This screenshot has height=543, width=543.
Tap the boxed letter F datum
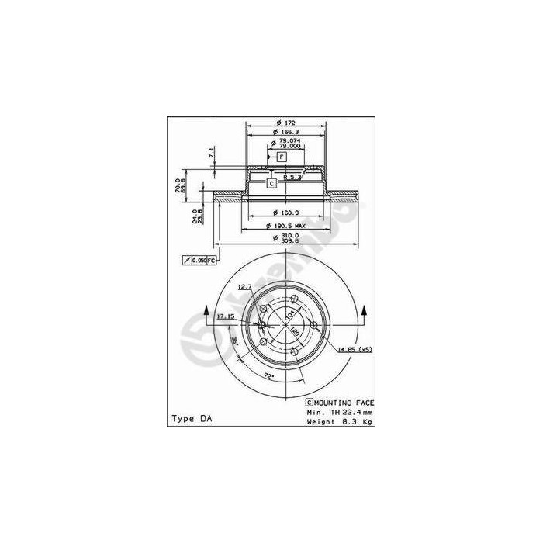(282, 157)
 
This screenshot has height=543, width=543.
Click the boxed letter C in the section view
(271, 184)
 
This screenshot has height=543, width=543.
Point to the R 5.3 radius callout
(292, 178)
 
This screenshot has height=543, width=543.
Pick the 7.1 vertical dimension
(210, 152)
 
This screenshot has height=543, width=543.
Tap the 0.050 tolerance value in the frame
(200, 261)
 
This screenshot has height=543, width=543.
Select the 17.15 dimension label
(226, 316)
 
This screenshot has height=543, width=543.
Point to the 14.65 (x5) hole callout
(355, 351)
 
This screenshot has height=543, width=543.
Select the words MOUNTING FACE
(344, 403)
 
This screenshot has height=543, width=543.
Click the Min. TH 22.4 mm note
(339, 412)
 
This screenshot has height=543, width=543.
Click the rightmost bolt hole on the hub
(314, 325)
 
